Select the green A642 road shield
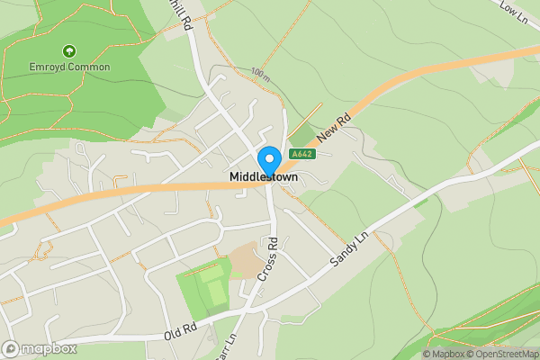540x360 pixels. click(301, 154)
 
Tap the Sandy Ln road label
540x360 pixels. click(350, 247)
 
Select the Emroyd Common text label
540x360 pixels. click(69, 67)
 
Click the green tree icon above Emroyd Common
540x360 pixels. click(69, 52)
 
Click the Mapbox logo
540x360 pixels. click(39, 348)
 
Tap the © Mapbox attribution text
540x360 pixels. click(443, 354)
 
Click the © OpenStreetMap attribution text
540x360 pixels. click(503, 354)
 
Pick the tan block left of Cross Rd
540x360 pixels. click(244, 262)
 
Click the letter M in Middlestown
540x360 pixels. click(235, 176)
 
